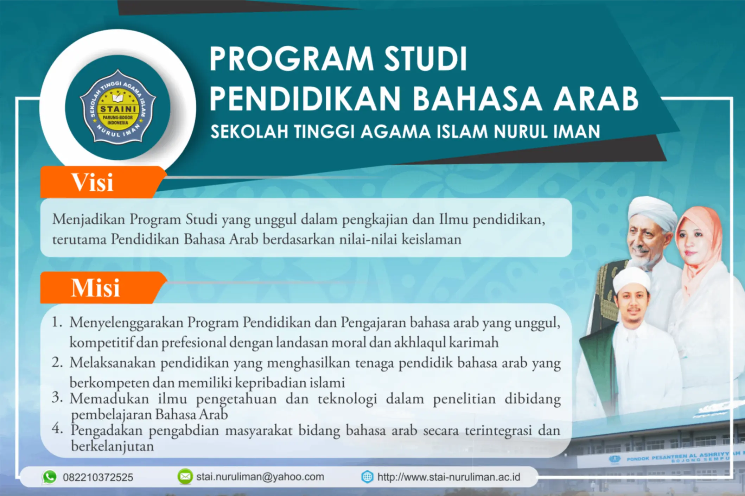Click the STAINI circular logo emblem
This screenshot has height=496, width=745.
point(117,107)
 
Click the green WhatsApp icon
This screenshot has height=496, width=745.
point(49,477)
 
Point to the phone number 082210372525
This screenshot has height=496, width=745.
point(98,477)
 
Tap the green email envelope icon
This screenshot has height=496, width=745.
point(185,477)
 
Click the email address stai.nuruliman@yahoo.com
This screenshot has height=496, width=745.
point(260,477)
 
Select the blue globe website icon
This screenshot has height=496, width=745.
point(367,477)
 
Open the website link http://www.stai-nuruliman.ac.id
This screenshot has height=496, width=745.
point(449,477)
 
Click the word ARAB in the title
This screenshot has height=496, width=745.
point(596,98)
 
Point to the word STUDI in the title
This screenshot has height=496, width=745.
point(425,59)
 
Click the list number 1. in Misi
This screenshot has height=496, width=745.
point(57,322)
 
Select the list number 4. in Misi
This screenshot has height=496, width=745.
point(57,428)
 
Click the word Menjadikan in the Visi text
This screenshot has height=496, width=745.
point(89,220)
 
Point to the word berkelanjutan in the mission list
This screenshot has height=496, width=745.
point(113,446)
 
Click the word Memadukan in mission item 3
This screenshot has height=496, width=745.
point(109,399)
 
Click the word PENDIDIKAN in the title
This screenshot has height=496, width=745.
point(305,98)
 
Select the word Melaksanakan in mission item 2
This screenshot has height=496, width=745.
point(113,363)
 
